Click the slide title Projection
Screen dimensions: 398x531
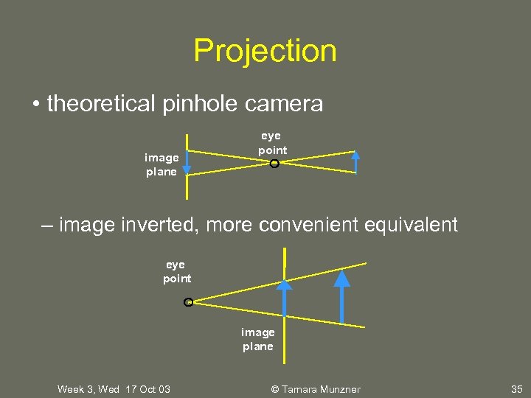coord(265,51)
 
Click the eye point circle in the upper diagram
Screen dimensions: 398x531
coord(274,164)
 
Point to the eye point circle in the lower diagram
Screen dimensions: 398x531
coord(188,302)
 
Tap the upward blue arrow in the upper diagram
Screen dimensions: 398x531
coord(356,162)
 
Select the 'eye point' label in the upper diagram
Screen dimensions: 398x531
coord(272,143)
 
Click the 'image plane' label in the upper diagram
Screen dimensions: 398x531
coord(161,164)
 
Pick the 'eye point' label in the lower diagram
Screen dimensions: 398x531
coord(176,271)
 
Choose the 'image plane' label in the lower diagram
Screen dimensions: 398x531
coord(257,339)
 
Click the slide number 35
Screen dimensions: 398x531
coord(516,388)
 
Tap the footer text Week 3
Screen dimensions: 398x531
coord(78,388)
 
